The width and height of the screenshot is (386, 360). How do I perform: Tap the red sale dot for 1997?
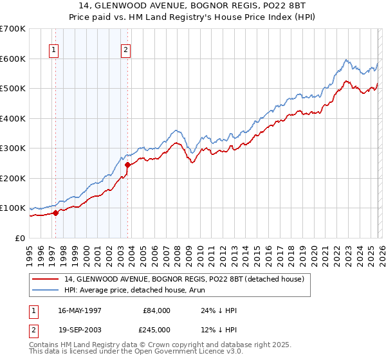[x=55, y=213]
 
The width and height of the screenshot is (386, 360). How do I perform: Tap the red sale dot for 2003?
[x=128, y=165]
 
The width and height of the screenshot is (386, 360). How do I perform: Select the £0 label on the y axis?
[x=20, y=239]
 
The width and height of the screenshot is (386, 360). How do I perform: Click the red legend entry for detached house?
[x=188, y=279]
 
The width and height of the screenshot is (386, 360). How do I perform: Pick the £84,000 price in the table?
[x=156, y=310]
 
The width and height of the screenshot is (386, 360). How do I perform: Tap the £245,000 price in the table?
[x=156, y=330]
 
